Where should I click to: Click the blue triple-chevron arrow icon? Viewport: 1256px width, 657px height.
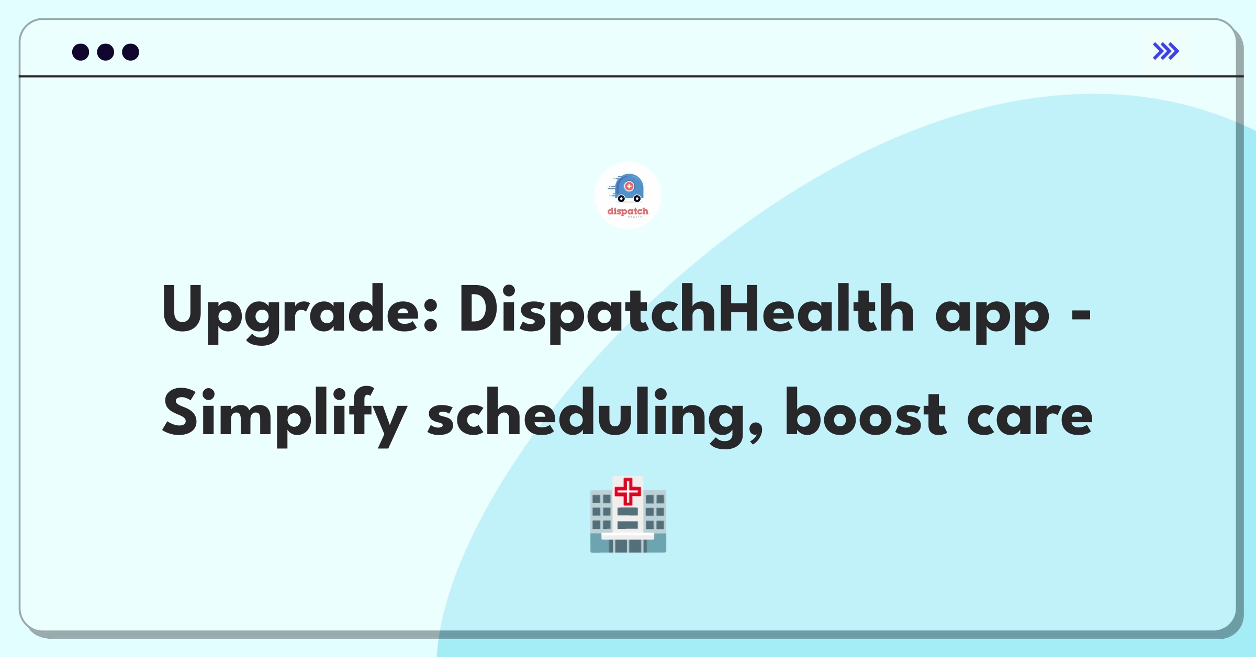click(1166, 51)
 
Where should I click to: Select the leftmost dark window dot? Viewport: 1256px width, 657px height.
click(81, 52)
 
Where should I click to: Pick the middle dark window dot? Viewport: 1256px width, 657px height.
click(106, 52)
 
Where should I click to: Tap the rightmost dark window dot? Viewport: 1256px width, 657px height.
click(131, 52)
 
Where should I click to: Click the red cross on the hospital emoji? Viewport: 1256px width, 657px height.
click(627, 492)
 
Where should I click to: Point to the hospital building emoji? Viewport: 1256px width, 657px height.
click(628, 514)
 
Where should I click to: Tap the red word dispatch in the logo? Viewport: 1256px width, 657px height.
click(627, 211)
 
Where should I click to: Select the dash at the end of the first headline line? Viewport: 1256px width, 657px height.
click(1081, 315)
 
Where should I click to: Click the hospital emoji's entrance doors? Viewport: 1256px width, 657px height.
click(628, 546)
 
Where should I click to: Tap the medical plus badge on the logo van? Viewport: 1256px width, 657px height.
click(630, 186)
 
